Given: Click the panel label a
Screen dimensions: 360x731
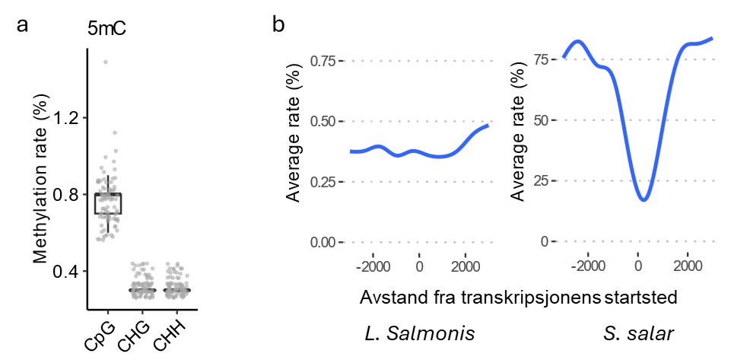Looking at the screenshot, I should [x=24, y=25].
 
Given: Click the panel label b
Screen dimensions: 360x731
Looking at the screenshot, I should [x=278, y=25].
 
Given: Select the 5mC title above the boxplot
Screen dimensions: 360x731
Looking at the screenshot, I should [x=106, y=31].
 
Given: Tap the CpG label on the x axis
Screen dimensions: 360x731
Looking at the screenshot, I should [x=98, y=335].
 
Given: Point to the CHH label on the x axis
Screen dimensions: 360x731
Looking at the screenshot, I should [x=170, y=336].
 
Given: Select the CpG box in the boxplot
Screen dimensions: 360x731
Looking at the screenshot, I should [x=107, y=203].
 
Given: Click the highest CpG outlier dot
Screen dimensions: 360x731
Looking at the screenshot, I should [x=106, y=62].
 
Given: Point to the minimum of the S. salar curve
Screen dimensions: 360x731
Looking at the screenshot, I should [x=644, y=199].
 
